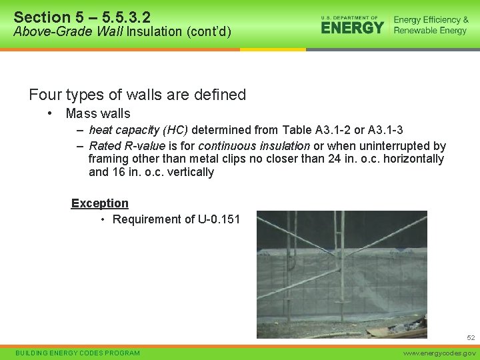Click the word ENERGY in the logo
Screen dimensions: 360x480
[352, 27]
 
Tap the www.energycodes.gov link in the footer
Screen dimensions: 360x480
[441, 353]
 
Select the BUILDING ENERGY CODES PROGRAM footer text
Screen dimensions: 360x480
[77, 353]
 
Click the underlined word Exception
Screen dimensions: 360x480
[100, 203]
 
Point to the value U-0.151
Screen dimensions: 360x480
[219, 219]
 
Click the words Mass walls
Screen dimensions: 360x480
[98, 113]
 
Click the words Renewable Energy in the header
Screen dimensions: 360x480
[431, 31]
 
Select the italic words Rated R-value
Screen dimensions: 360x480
[127, 146]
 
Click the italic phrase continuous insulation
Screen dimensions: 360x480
[254, 146]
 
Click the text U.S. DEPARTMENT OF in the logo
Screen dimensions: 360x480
[349, 17]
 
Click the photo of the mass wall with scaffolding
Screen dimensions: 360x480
[342, 274]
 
